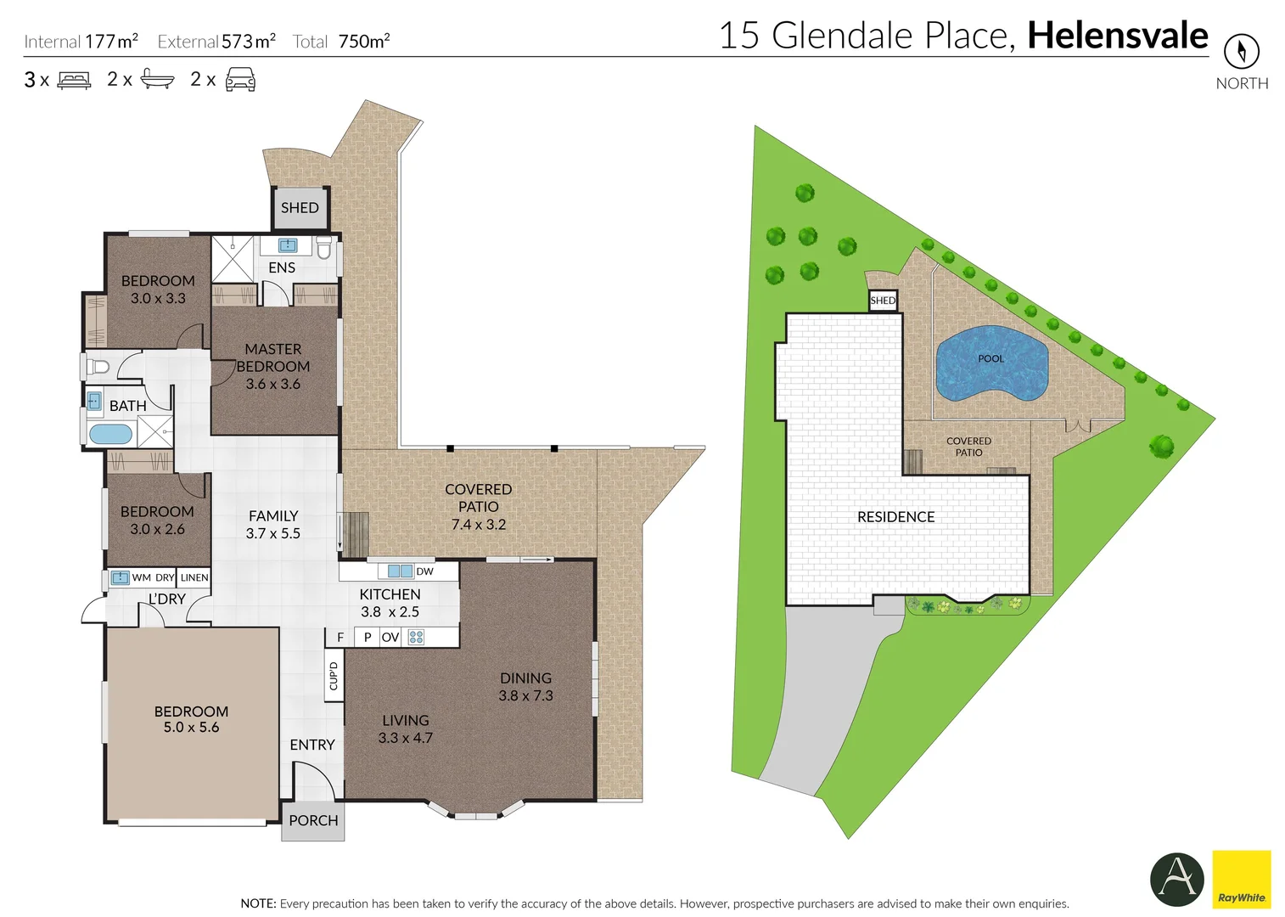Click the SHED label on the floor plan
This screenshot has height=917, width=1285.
pos(300,208)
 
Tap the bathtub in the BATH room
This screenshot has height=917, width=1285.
pos(111,435)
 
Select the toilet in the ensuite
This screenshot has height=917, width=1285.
pos(323,248)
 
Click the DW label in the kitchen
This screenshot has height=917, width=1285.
pos(424,571)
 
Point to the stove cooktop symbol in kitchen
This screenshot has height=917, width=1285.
pos(416,637)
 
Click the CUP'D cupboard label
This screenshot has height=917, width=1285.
pos(334,676)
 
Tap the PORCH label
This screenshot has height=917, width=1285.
pos(313,820)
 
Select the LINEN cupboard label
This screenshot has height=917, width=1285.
pos(194,577)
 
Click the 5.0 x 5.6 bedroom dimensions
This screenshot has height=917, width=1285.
pos(191,728)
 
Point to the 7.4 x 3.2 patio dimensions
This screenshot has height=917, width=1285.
pos(478,525)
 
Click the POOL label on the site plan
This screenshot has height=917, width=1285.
pos(990,358)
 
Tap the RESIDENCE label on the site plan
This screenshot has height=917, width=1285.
pos(895,516)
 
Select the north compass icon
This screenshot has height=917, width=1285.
pos(1241,52)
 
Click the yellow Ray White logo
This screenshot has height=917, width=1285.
pos(1241,879)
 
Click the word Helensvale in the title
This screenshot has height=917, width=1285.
pos(1117,36)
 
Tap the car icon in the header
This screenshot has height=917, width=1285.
pos(240,79)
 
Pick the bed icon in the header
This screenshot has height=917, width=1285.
pos(74,81)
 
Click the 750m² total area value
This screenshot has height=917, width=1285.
pos(364,41)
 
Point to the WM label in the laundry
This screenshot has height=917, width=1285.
pos(141,577)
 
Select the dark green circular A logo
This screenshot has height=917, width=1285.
pos(1176,879)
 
